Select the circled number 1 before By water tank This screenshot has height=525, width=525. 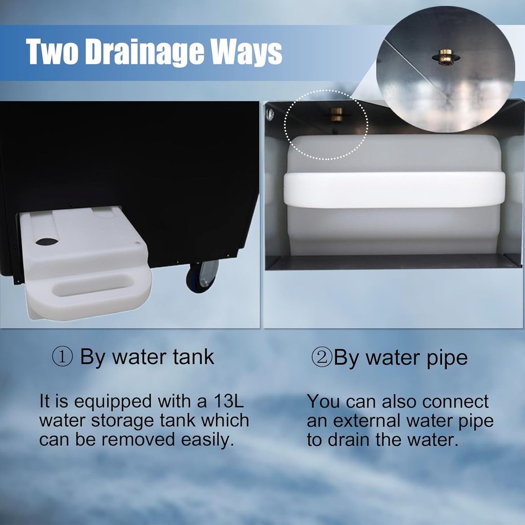62,357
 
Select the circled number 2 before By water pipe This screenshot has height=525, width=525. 322,357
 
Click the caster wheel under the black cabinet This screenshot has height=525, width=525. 202,275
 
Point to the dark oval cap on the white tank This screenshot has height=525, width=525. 47,241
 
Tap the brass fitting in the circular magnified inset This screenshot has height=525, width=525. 446,57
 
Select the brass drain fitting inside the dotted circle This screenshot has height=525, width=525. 336,114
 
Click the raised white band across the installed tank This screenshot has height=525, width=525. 394,189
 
